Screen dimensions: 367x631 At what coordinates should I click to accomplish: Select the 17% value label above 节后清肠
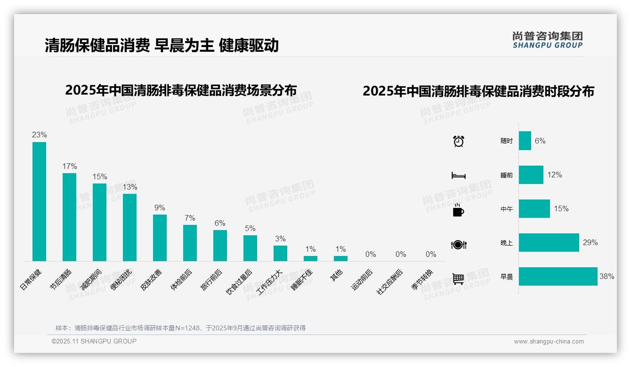tap(70, 167)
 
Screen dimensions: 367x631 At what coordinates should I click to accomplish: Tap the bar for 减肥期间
tap(99, 222)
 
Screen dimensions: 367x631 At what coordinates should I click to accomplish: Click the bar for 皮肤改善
tap(160, 238)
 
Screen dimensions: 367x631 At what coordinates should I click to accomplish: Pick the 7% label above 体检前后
tap(190, 218)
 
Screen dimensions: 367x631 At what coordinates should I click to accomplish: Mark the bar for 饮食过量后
tap(250, 248)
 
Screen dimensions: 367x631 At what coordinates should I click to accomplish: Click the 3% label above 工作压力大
tap(280, 239)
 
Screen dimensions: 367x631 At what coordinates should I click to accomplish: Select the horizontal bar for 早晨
tap(558, 277)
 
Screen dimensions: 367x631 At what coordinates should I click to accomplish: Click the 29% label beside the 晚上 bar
tap(590, 243)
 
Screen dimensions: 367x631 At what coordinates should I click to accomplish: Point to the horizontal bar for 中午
tap(534, 209)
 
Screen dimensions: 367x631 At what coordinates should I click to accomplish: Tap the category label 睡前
tap(507, 175)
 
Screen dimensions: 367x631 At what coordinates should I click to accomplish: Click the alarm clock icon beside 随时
tap(458, 141)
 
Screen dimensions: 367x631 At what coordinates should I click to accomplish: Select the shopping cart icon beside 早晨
tap(458, 279)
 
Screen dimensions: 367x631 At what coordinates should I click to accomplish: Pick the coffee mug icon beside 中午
tap(458, 211)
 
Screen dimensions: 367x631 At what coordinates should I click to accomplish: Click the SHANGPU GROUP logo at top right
tap(548, 40)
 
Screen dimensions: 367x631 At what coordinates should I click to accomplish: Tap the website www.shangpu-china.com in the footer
tap(549, 342)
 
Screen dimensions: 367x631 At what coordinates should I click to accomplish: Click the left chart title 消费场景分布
tap(181, 90)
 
